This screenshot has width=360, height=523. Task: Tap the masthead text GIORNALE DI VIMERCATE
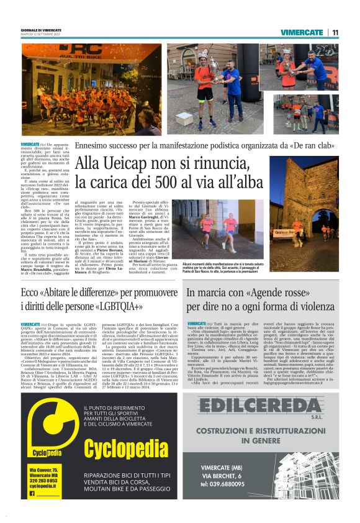pyautogui.click(x=43, y=30)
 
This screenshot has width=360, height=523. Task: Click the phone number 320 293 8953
pyautogui.click(x=43, y=480)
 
